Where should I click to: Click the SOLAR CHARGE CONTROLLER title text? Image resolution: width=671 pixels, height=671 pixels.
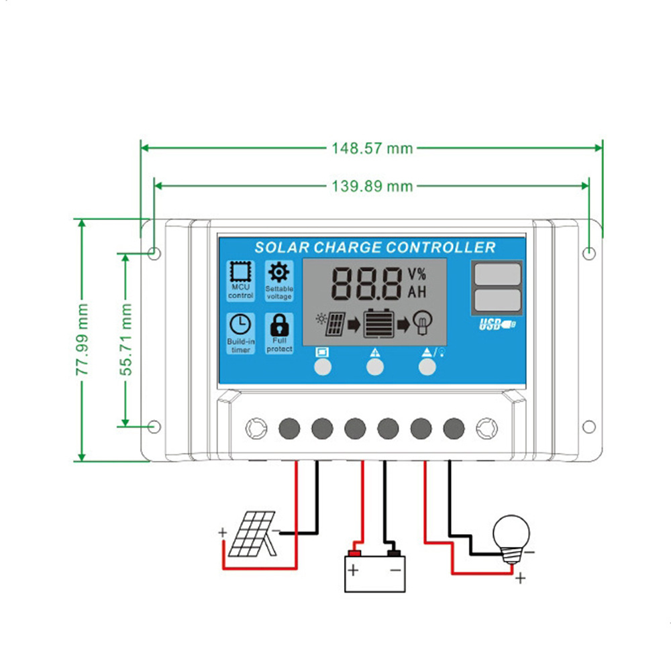(x=374, y=248)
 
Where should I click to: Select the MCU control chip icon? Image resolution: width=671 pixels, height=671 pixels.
(x=240, y=272)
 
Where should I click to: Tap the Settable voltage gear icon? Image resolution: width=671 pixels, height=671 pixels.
(x=278, y=272)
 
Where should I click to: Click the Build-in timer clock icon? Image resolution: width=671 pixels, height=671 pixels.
(x=240, y=324)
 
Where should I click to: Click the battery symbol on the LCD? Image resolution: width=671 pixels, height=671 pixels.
(x=380, y=324)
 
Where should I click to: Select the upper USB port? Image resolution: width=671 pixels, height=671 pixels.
(x=497, y=275)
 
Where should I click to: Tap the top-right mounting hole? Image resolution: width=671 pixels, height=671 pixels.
(x=588, y=254)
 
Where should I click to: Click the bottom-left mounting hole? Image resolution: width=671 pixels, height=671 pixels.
(x=154, y=426)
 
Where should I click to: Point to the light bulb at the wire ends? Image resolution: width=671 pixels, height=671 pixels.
(x=511, y=535)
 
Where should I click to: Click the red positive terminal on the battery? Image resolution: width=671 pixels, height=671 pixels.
(x=354, y=554)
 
